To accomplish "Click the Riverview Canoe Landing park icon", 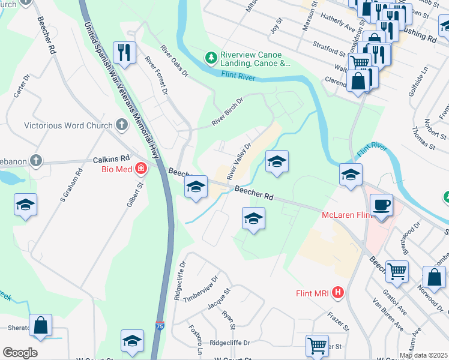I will click(x=211, y=58).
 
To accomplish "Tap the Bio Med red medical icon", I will click(x=141, y=169).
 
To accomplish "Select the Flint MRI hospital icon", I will click(x=338, y=293).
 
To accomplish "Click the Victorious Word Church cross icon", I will click(x=122, y=125).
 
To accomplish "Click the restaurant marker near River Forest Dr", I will click(x=124, y=53).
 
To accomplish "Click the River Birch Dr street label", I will click(x=227, y=112).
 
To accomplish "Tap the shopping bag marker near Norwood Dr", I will click(x=434, y=279).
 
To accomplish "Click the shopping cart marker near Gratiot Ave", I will click(x=397, y=272).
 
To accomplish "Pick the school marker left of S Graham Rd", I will click(x=26, y=206).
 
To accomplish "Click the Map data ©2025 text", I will click(x=423, y=355).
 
